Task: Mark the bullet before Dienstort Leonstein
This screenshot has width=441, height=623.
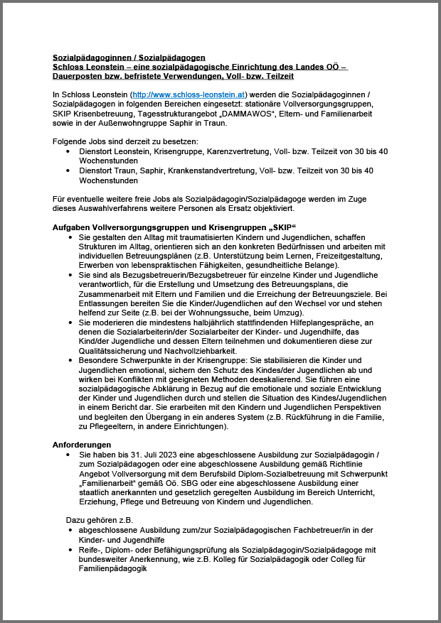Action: (x=68, y=151)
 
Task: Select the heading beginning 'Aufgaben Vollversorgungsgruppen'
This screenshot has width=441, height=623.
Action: (x=174, y=227)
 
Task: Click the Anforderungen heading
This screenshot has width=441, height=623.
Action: (x=82, y=444)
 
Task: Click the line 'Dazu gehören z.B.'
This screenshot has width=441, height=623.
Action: (x=100, y=520)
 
